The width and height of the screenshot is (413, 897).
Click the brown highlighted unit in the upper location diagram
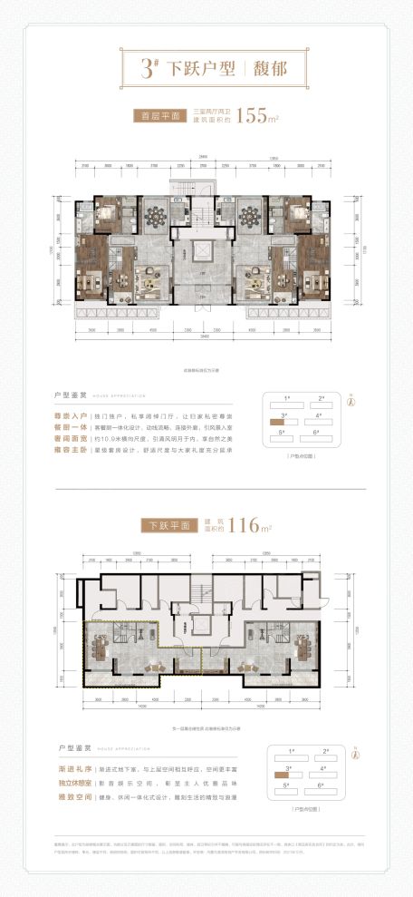[x=278, y=423]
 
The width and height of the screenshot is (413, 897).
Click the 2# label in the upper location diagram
[x=322, y=398]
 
